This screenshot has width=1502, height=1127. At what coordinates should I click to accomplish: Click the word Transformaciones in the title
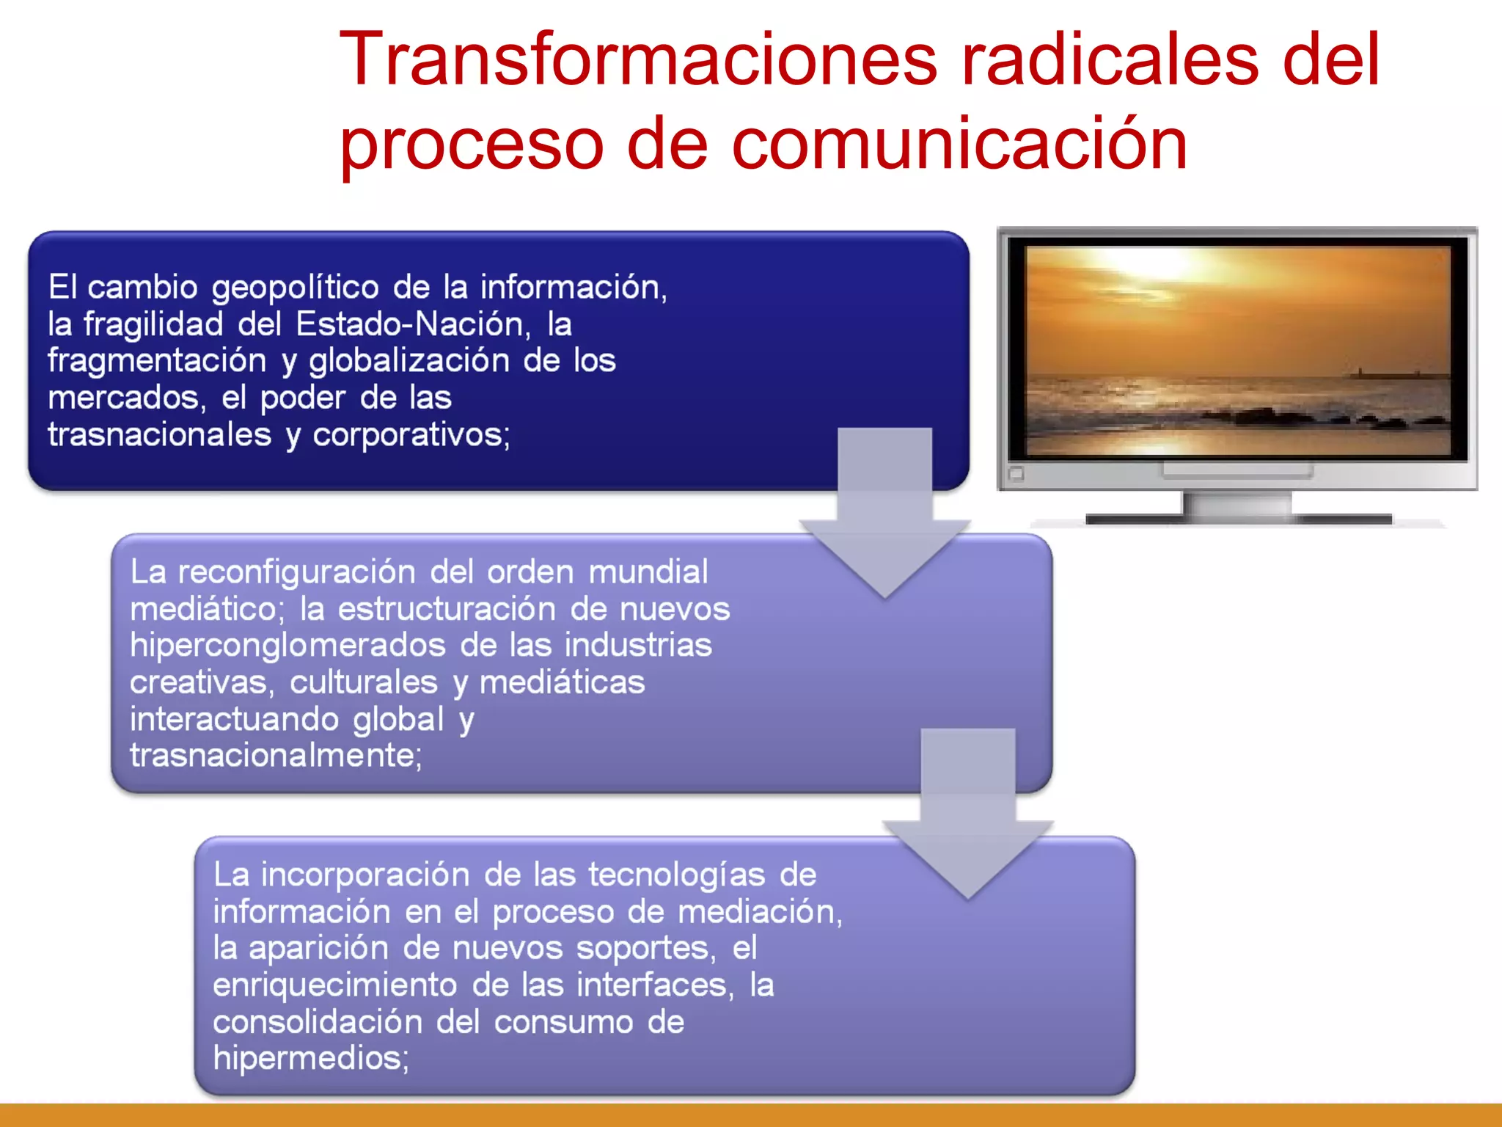coord(638,60)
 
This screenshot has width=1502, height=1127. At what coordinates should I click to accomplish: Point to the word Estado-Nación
coord(413,324)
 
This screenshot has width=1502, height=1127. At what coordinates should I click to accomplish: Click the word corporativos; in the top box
coord(411,435)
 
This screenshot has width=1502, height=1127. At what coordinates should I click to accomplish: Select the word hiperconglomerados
coord(287,646)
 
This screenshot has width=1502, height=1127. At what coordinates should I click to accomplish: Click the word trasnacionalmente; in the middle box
coord(276,756)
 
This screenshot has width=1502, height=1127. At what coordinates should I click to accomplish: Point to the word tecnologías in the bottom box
coord(676,875)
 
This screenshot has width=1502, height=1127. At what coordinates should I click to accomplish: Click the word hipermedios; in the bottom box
coord(310,1059)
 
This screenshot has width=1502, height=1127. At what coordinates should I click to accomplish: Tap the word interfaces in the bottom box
coord(654,985)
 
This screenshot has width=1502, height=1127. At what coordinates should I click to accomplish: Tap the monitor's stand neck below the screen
coord(1237,505)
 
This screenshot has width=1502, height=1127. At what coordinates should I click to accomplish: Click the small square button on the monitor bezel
coord(1016,474)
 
